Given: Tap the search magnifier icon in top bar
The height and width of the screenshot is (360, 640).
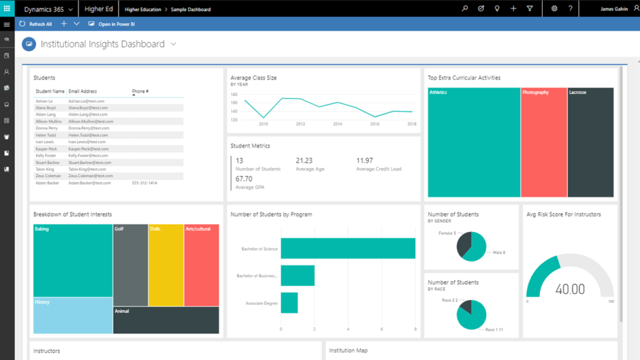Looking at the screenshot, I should [x=464, y=9].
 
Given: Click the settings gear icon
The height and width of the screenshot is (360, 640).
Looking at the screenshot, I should [x=554, y=9].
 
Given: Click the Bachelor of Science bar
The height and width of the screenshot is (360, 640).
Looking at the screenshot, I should [x=347, y=248].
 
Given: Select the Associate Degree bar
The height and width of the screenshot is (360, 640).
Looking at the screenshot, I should [x=289, y=303].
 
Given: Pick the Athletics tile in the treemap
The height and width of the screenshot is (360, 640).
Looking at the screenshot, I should [x=473, y=142].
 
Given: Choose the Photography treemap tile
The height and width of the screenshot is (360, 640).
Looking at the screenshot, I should [x=543, y=142].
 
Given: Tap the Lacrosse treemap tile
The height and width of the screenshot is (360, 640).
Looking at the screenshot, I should [x=590, y=142].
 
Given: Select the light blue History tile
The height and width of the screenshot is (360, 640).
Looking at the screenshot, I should [x=72, y=316].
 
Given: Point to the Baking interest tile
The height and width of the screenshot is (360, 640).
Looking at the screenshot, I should [x=72, y=260].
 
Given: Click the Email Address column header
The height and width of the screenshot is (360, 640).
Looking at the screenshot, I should [x=83, y=91].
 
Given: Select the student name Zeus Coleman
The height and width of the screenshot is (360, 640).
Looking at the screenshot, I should [x=48, y=176].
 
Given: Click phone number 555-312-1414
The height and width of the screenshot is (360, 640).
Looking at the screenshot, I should [x=144, y=183].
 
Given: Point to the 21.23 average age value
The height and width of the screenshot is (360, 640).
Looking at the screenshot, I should [x=304, y=161].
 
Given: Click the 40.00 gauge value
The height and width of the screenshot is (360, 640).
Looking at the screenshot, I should [x=570, y=289].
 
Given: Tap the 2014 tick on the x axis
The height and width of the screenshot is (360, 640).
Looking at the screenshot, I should [x=338, y=123].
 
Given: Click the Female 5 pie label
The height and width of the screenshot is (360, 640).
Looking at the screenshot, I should [x=447, y=233].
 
